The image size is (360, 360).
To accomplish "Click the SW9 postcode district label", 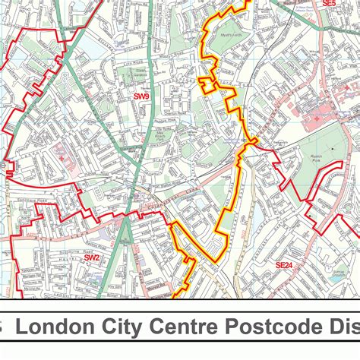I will [x=142, y=96].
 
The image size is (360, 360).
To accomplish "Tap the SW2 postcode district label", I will [x=92, y=257].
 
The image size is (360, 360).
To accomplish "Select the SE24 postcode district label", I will [x=284, y=264].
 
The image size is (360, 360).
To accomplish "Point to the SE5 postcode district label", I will [x=328, y=4].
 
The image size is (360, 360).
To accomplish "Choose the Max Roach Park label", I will [x=161, y=137].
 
